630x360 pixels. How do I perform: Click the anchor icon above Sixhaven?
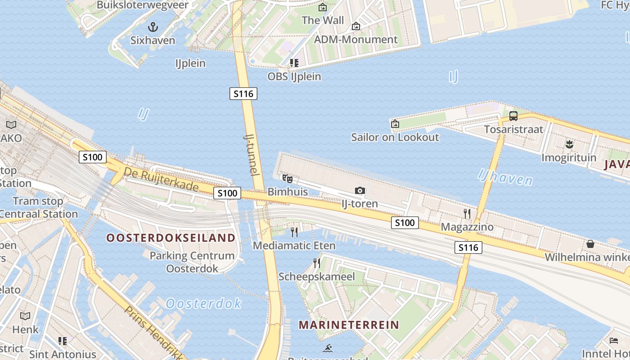pyautogui.click(x=153, y=27)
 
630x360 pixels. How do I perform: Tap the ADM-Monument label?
pyautogui.click(x=355, y=40)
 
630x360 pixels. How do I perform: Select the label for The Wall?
pyautogui.click(x=323, y=20)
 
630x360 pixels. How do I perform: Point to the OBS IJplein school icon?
pyautogui.click(x=294, y=63)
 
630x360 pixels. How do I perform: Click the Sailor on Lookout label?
pyautogui.click(x=395, y=137)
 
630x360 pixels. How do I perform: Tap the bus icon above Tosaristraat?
pyautogui.click(x=513, y=116)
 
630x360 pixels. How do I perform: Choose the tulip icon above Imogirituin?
pyautogui.click(x=569, y=144)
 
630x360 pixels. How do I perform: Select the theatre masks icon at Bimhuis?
pyautogui.click(x=288, y=179)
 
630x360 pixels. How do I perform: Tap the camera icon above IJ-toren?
pyautogui.click(x=360, y=191)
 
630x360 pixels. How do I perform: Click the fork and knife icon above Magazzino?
pyautogui.click(x=467, y=213)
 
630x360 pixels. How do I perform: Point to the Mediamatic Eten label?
pyautogui.click(x=294, y=246)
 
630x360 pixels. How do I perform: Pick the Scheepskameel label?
pyautogui.click(x=317, y=276)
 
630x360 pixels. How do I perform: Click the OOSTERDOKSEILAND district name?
pyautogui.click(x=171, y=238)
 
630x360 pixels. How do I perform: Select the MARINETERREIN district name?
pyautogui.click(x=349, y=324)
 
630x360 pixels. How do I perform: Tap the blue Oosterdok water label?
pyautogui.click(x=203, y=303)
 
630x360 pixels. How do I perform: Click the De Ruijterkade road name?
pyautogui.click(x=161, y=179)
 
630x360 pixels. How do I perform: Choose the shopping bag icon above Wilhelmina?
pyautogui.click(x=590, y=244)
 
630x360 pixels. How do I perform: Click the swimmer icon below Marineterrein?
pyautogui.click(x=328, y=348)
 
